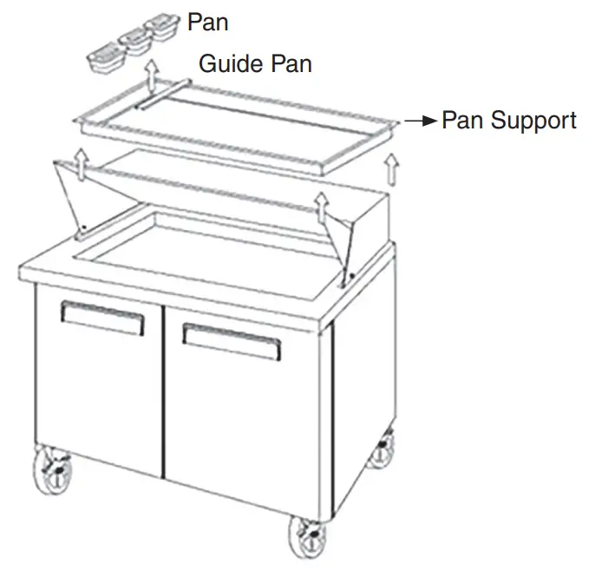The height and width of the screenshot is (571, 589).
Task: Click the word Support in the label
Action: [x=533, y=121]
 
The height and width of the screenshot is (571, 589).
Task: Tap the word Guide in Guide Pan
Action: [x=231, y=63]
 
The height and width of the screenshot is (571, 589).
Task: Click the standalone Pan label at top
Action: [x=207, y=22]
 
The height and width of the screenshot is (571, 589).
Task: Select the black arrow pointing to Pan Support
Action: [x=421, y=121]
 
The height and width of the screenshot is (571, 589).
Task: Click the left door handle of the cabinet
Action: [x=102, y=318]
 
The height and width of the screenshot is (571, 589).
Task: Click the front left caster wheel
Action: [x=52, y=469]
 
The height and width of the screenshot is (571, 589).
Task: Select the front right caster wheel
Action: [x=308, y=537]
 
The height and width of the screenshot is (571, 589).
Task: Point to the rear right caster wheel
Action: [x=381, y=450]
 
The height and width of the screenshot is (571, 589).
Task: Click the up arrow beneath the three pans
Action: [x=152, y=75]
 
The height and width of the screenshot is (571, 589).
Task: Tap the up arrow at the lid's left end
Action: [x=81, y=165]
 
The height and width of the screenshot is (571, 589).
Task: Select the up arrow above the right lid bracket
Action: [x=321, y=207]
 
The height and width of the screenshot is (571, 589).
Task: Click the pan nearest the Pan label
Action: [x=161, y=26]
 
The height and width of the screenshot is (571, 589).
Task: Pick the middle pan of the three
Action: [x=135, y=42]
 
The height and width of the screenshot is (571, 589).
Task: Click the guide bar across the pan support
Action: [x=164, y=95]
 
